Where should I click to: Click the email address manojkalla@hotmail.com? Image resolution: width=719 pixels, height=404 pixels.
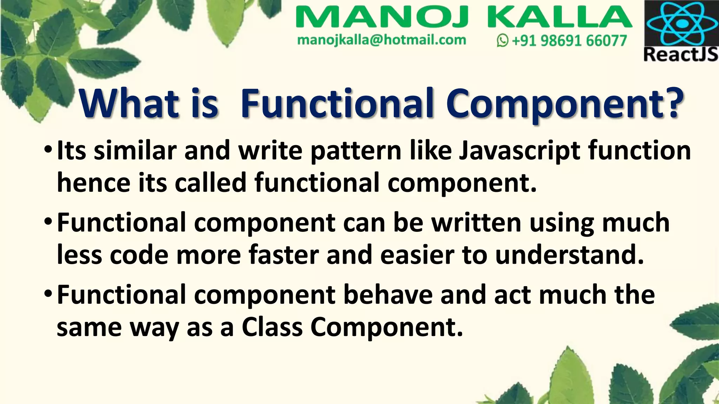click(x=381, y=40)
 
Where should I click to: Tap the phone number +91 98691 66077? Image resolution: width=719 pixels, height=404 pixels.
click(x=569, y=41)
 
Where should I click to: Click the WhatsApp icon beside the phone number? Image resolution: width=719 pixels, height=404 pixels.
click(x=502, y=41)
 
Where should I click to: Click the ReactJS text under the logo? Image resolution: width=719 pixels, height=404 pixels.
click(x=681, y=55)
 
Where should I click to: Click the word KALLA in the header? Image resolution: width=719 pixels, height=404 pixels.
click(x=560, y=18)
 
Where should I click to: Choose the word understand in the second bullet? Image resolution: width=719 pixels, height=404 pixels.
click(x=569, y=255)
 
